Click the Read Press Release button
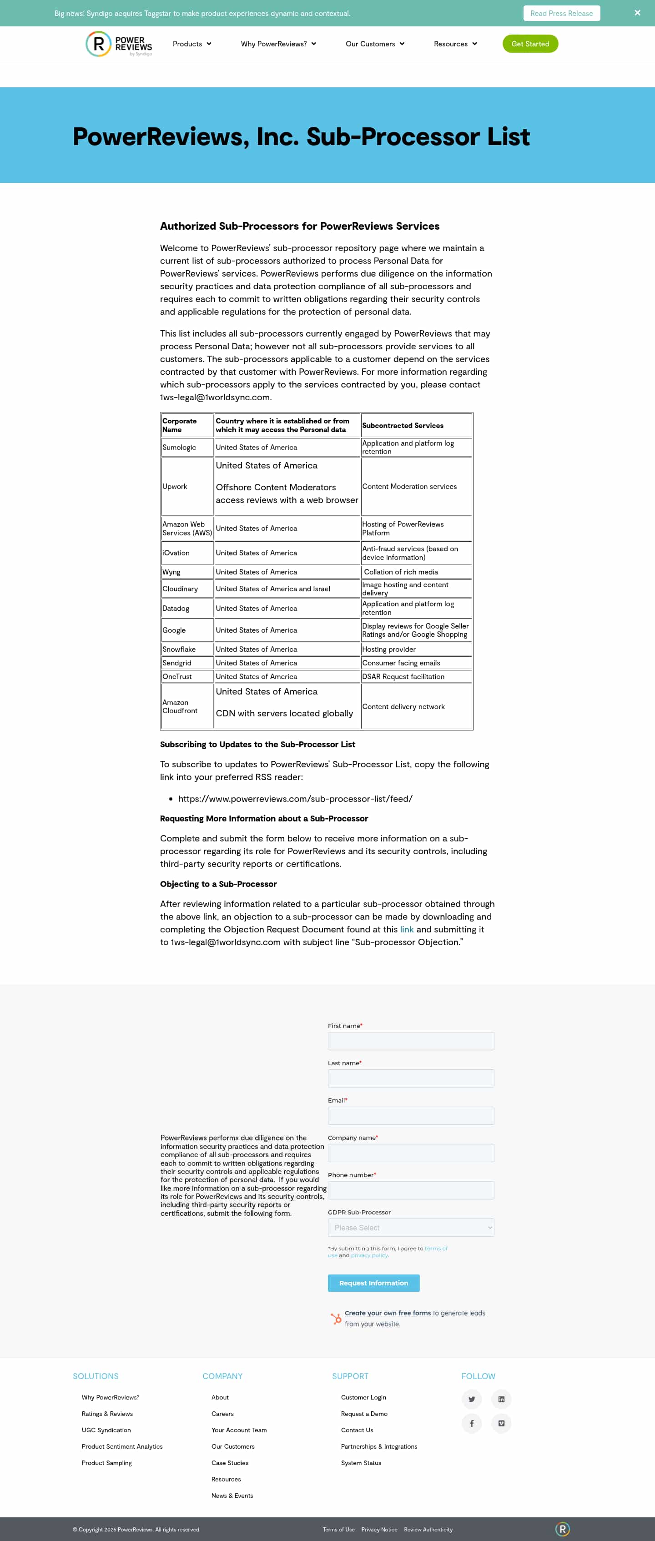561,13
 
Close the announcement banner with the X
637,13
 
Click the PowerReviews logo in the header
118,44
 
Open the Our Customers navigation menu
374,44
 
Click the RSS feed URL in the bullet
295,799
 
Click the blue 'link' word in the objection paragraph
407,929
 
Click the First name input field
410,1041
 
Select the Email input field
410,1116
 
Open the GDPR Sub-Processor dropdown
410,1228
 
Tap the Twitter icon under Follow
471,1399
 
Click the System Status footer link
361,1463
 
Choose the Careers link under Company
222,1414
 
